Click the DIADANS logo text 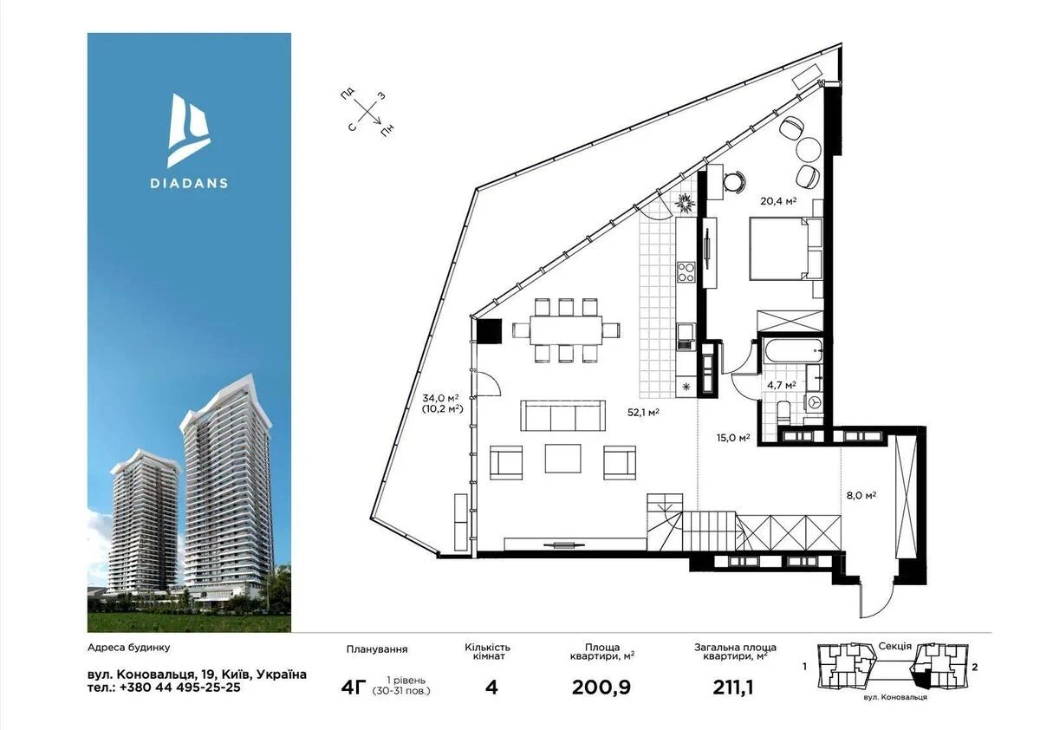(189, 182)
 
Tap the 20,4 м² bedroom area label (778, 200)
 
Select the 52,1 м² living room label (643, 412)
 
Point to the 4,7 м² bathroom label (782, 384)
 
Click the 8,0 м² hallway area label (861, 495)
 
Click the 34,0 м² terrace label (440, 397)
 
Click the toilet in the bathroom (783, 411)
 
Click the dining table (567, 329)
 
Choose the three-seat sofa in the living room (562, 415)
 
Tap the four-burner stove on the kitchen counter (686, 271)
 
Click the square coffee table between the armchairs (562, 459)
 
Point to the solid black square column (490, 331)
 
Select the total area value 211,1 (733, 688)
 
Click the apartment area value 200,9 (601, 688)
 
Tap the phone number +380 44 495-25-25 (180, 688)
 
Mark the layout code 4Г (354, 688)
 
